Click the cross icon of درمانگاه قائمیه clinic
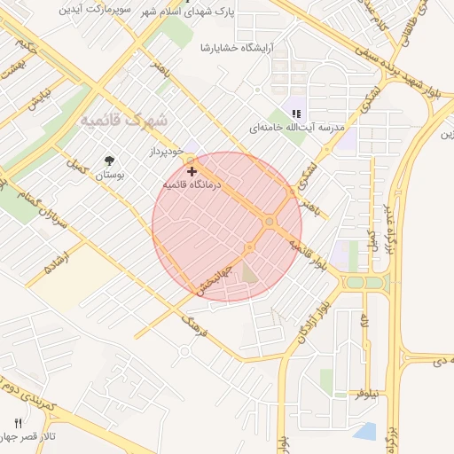pos(192,170)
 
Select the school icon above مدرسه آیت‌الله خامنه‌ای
pos(296,113)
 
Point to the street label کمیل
pos(78,166)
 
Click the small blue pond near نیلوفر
pos(364,433)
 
